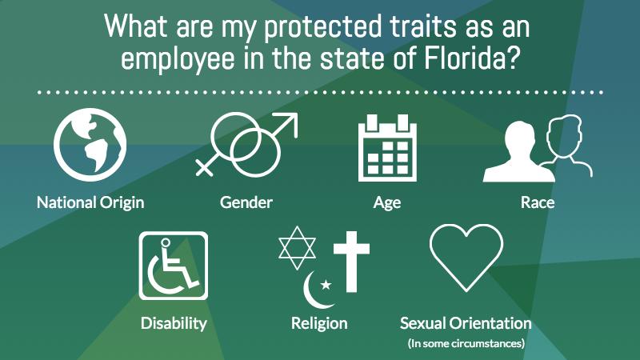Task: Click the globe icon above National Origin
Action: pyautogui.click(x=90, y=145)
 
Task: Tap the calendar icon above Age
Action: pyautogui.click(x=387, y=148)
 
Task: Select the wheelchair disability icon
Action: pyautogui.click(x=174, y=266)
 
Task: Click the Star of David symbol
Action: pyautogui.click(x=297, y=248)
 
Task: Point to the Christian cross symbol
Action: pyautogui.click(x=351, y=262)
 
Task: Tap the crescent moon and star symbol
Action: pyautogui.click(x=318, y=290)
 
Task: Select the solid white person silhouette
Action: pyautogui.click(x=519, y=152)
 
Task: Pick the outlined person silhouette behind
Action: pyautogui.click(x=567, y=144)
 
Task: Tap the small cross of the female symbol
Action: pyautogui.click(x=204, y=167)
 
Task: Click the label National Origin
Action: pyautogui.click(x=90, y=202)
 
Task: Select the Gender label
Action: pyautogui.click(x=246, y=202)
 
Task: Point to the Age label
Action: pyautogui.click(x=387, y=203)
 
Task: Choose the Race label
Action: pyautogui.click(x=538, y=202)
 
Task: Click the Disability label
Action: pyautogui.click(x=174, y=323)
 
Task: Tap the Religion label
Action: pyautogui.click(x=319, y=323)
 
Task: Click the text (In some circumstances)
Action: pyautogui.click(x=466, y=343)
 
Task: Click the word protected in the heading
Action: pyautogui.click(x=323, y=27)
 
